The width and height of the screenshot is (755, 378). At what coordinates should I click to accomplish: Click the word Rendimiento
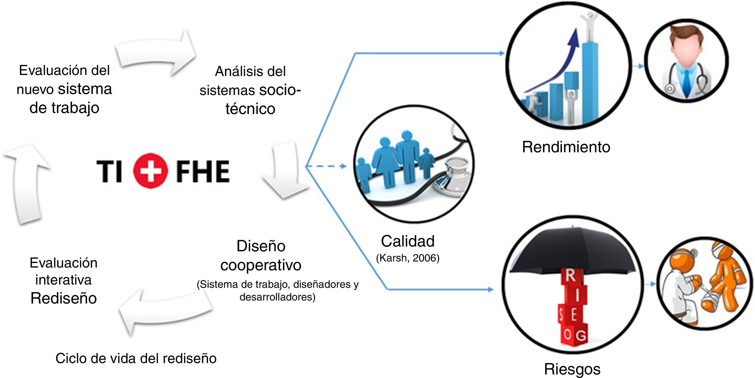(566, 147)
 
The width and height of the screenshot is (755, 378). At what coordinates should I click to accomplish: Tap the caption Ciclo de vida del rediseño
(136, 358)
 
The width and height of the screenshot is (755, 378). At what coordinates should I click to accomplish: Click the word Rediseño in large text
(64, 298)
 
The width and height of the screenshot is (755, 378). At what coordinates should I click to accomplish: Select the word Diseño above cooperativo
(261, 246)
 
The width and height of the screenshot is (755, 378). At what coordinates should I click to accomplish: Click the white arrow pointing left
(164, 312)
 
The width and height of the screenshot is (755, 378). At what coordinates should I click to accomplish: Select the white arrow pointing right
(155, 53)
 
